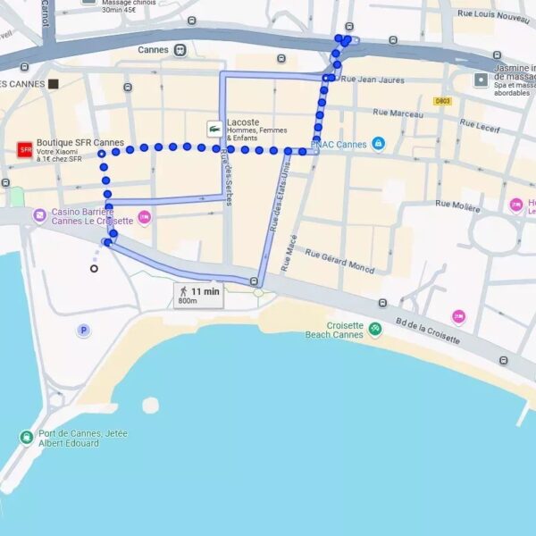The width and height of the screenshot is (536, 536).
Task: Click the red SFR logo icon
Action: click(x=25, y=149)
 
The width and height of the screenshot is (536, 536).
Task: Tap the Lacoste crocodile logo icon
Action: click(x=214, y=129)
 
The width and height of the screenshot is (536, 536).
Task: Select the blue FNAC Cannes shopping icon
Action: click(x=378, y=144)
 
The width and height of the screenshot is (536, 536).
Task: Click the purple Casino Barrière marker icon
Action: click(x=39, y=215)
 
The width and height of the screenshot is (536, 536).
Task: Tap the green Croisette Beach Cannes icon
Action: click(x=374, y=329)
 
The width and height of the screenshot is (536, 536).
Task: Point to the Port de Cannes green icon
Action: click(x=27, y=437)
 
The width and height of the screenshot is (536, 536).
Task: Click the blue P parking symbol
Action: click(x=83, y=331)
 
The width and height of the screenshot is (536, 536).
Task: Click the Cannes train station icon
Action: click(x=180, y=50)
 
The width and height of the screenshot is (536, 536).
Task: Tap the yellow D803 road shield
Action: click(x=443, y=101)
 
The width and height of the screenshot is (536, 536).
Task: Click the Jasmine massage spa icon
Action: click(x=482, y=80)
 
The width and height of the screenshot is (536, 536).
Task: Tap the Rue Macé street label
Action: click(x=288, y=253)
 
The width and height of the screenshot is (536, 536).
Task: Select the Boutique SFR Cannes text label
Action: click(x=80, y=143)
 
